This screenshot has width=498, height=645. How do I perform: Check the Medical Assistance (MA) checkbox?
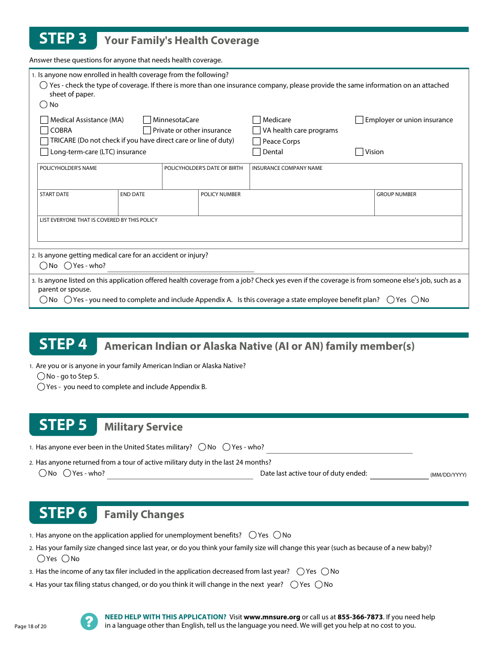click(x=45, y=120)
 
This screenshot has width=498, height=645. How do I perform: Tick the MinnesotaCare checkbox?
click(x=147, y=120)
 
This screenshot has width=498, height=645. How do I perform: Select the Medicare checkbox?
click(x=257, y=120)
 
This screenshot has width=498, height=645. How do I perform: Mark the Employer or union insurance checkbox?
click(x=359, y=120)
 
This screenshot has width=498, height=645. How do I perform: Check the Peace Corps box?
click(x=257, y=142)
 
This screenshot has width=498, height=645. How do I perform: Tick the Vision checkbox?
click(x=359, y=152)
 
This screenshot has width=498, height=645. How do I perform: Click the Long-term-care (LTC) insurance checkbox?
click(x=45, y=152)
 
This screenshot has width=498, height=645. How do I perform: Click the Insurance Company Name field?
click(x=355, y=180)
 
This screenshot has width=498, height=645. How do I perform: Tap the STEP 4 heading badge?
click(x=63, y=345)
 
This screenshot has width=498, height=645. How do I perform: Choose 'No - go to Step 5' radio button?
click(x=41, y=377)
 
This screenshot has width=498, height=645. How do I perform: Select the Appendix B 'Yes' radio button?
click(x=41, y=387)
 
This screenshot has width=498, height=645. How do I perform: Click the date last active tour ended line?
click(x=399, y=474)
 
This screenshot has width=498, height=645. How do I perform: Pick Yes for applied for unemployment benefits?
click(x=253, y=535)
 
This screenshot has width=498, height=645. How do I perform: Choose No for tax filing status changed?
click(x=319, y=585)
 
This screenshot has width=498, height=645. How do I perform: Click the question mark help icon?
click(x=89, y=621)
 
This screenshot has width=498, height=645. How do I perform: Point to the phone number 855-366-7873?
click(x=360, y=617)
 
